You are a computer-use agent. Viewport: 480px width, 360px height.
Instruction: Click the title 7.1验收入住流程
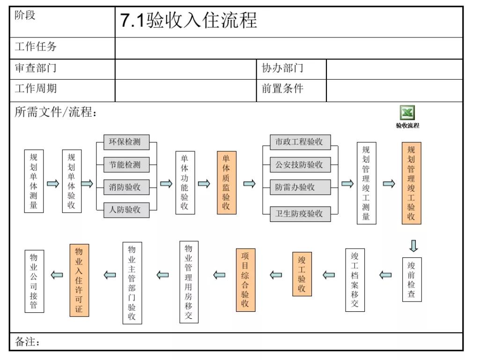pyautogui.click(x=189, y=21)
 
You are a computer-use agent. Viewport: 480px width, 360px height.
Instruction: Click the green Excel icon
pyautogui.click(x=407, y=113)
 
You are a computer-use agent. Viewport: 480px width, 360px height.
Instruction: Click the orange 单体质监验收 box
pyautogui.click(x=226, y=183)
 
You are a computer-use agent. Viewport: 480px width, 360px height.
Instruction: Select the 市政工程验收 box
pyautogui.click(x=300, y=142)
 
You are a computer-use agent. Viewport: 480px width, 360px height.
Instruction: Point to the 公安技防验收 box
pyautogui.click(x=300, y=165)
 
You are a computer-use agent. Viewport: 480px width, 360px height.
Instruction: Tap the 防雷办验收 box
pyautogui.click(x=300, y=187)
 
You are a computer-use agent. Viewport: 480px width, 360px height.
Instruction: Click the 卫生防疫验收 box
pyautogui.click(x=300, y=213)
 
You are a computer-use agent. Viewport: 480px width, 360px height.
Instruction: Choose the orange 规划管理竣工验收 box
pyautogui.click(x=411, y=183)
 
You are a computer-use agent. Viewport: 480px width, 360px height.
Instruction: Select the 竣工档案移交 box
pyautogui.click(x=354, y=280)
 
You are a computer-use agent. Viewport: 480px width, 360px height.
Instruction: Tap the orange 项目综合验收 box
pyautogui.click(x=245, y=280)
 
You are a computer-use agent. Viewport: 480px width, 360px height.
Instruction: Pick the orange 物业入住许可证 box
pyautogui.click(x=79, y=280)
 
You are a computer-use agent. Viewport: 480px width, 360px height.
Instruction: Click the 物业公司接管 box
pyautogui.click(x=34, y=281)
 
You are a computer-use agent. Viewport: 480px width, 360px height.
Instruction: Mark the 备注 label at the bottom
pyautogui.click(x=28, y=342)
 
